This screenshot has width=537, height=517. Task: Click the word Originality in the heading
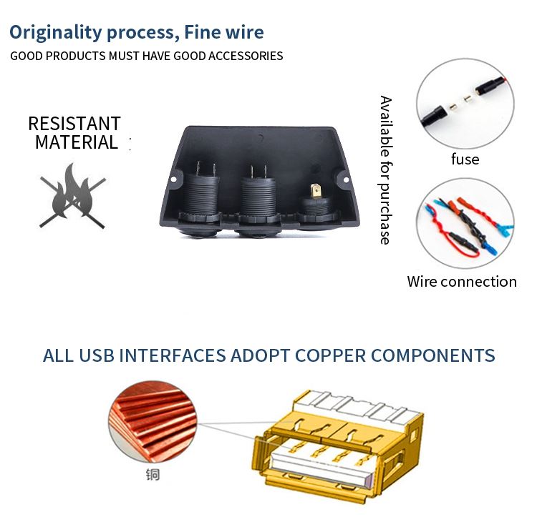56,33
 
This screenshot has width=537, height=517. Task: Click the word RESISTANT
74,124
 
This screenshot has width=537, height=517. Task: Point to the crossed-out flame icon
72,196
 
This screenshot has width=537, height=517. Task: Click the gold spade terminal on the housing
316,192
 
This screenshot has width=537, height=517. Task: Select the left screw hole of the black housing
173,179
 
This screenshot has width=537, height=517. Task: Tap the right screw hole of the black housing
346,180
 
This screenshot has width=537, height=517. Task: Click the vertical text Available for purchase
386,170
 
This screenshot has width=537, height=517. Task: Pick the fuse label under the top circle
465,159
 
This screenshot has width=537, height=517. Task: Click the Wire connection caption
462,282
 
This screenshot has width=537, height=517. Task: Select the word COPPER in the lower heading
331,355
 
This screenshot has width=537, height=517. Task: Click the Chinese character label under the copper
153,475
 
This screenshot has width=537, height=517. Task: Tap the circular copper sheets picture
153,422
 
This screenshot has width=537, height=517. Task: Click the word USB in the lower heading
97,355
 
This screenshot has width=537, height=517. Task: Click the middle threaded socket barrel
258,196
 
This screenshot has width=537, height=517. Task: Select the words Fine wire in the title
224,32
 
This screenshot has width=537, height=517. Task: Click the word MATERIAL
77,142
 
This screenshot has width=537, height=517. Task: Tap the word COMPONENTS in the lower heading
433,355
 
